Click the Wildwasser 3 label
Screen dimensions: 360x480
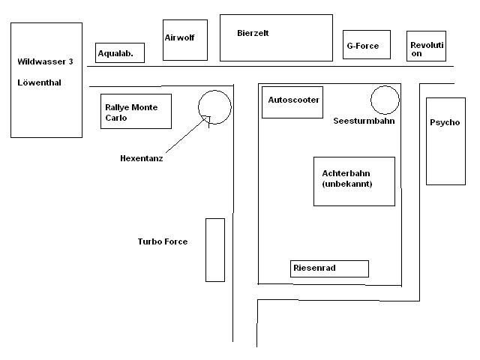pos(45,61)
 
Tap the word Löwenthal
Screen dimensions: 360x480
pos(39,82)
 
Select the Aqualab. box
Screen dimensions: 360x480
pos(120,52)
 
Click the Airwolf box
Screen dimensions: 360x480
pos(185,40)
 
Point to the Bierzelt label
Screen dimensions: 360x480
pos(253,33)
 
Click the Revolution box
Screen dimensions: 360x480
pos(427,46)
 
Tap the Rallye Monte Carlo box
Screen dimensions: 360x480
pos(136,111)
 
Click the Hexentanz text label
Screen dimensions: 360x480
pos(142,158)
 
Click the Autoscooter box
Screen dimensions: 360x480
pos(292,100)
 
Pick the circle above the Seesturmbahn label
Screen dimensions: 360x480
pos(385,100)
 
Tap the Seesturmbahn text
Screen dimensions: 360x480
pos(364,120)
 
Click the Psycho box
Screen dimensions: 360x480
pos(445,140)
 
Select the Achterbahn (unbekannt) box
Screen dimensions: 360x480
pos(354,181)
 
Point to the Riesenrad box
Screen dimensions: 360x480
pos(329,268)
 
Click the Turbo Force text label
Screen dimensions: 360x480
pos(163,241)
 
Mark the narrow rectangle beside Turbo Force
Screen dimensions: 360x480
pos(215,250)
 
